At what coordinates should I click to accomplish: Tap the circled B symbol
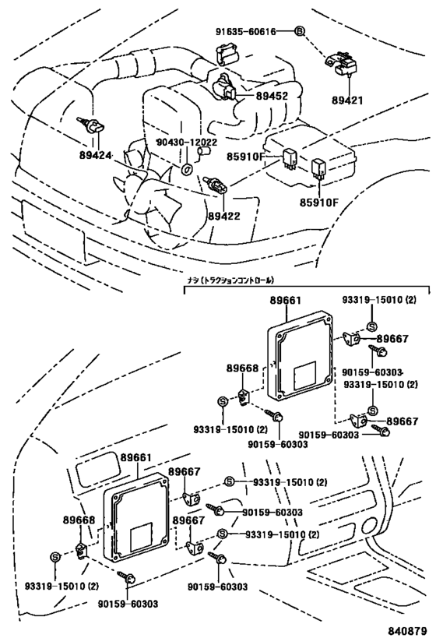click(300, 31)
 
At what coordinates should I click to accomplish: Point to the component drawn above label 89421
click(342, 63)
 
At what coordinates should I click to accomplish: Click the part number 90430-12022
click(186, 143)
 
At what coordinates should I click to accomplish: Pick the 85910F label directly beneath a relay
click(321, 203)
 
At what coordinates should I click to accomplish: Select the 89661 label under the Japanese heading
click(287, 300)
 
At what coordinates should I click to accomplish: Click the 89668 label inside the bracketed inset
click(241, 367)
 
